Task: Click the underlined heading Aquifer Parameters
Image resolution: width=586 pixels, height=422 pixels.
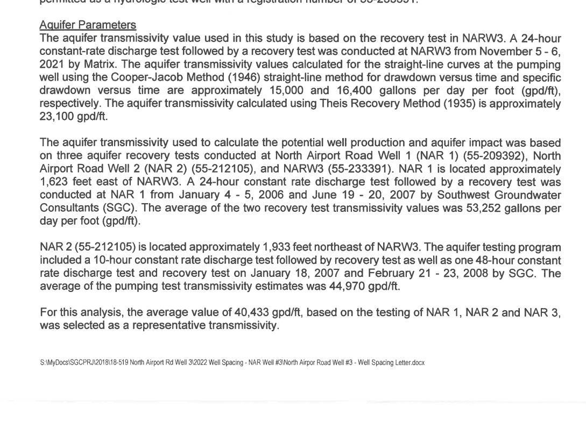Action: click(x=88, y=25)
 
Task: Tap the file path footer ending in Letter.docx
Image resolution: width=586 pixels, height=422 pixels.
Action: click(x=232, y=363)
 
